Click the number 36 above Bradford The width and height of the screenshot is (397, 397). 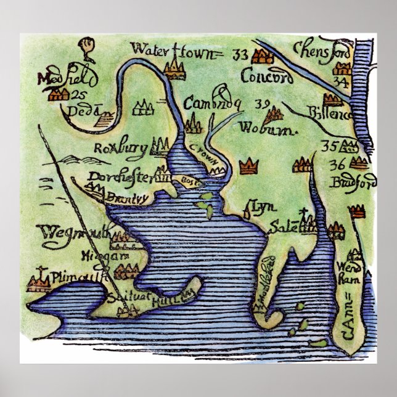pos(337,165)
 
